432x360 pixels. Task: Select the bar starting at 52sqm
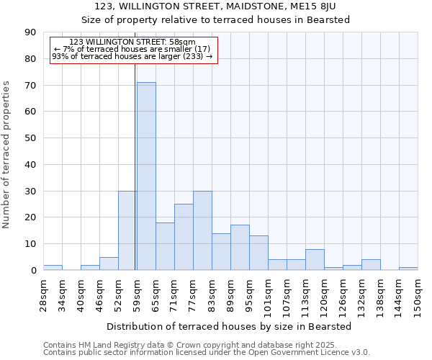[127, 230]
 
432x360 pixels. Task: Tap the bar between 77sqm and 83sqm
[202, 230]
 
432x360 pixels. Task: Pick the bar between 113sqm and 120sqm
[315, 259]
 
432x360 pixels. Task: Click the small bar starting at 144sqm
[408, 269]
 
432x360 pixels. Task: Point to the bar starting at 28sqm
[53, 267]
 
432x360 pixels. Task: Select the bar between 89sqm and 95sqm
[240, 248]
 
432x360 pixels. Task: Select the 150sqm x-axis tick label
[418, 295]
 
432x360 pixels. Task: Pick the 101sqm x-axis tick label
[268, 295]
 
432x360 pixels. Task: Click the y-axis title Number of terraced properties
[7, 155]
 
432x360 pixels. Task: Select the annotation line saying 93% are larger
[132, 56]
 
